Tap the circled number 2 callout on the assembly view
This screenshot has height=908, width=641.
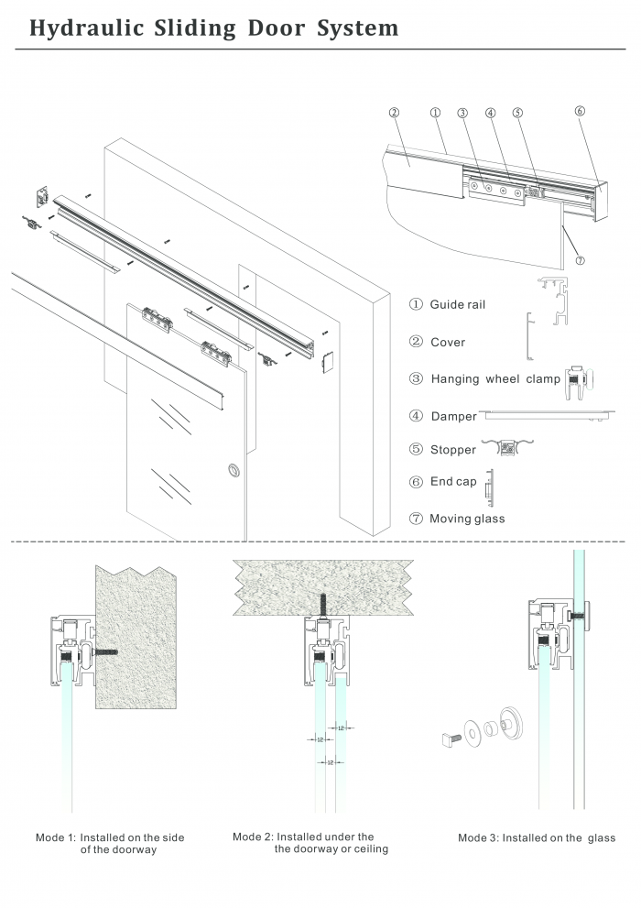point(394,113)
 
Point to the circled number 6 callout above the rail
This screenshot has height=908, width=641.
point(580,111)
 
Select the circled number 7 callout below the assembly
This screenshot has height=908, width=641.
point(581,260)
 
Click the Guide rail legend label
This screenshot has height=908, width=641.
point(457,304)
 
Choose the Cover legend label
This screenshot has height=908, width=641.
point(448,342)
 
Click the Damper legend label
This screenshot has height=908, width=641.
point(453,416)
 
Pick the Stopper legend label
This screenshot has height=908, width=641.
point(453,450)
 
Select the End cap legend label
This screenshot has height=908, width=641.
point(453,482)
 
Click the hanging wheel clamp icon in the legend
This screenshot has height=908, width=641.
point(580,378)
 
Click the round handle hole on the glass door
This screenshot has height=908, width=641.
point(231,471)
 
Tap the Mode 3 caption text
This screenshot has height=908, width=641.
point(537,837)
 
